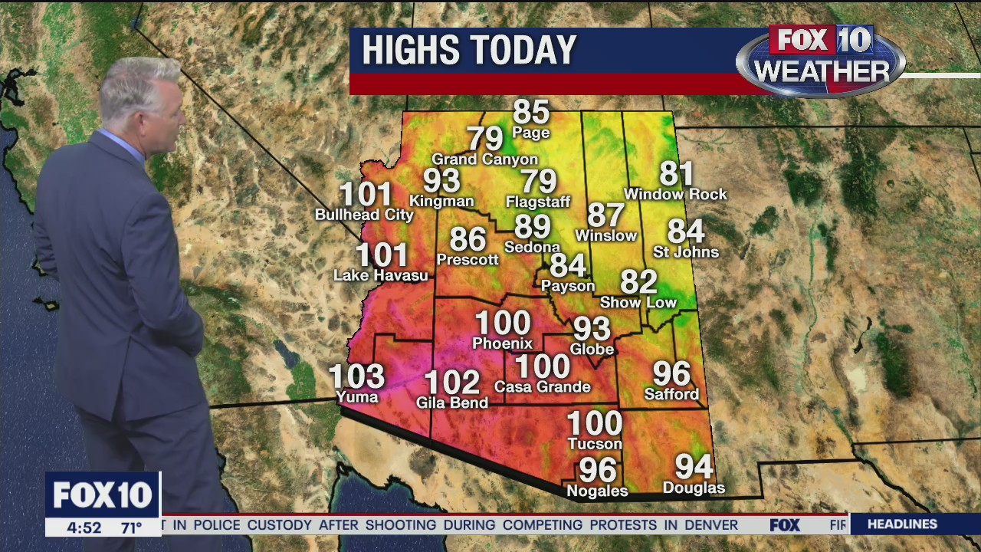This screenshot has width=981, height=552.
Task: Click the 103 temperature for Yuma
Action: tap(356, 376)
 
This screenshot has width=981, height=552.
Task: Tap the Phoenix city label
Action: tap(502, 343)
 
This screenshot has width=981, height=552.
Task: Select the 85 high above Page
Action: tap(531, 112)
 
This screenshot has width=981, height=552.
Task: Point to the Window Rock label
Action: tap(675, 194)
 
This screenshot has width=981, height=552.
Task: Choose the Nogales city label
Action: tap(596, 491)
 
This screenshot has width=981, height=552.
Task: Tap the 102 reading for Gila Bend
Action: tap(451, 382)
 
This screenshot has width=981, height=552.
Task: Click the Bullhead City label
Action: tap(364, 215)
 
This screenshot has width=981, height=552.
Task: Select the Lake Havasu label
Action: tap(381, 274)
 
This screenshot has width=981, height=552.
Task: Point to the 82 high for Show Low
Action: tap(638, 282)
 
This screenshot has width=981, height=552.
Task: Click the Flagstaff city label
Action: tap(538, 202)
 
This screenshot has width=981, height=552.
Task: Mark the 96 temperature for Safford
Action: tap(671, 374)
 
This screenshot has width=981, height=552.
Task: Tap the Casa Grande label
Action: tap(542, 386)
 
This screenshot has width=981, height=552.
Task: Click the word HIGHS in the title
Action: tap(409, 51)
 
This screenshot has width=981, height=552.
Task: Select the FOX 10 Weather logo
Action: tap(821, 61)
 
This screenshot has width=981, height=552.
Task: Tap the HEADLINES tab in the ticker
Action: tap(902, 524)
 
